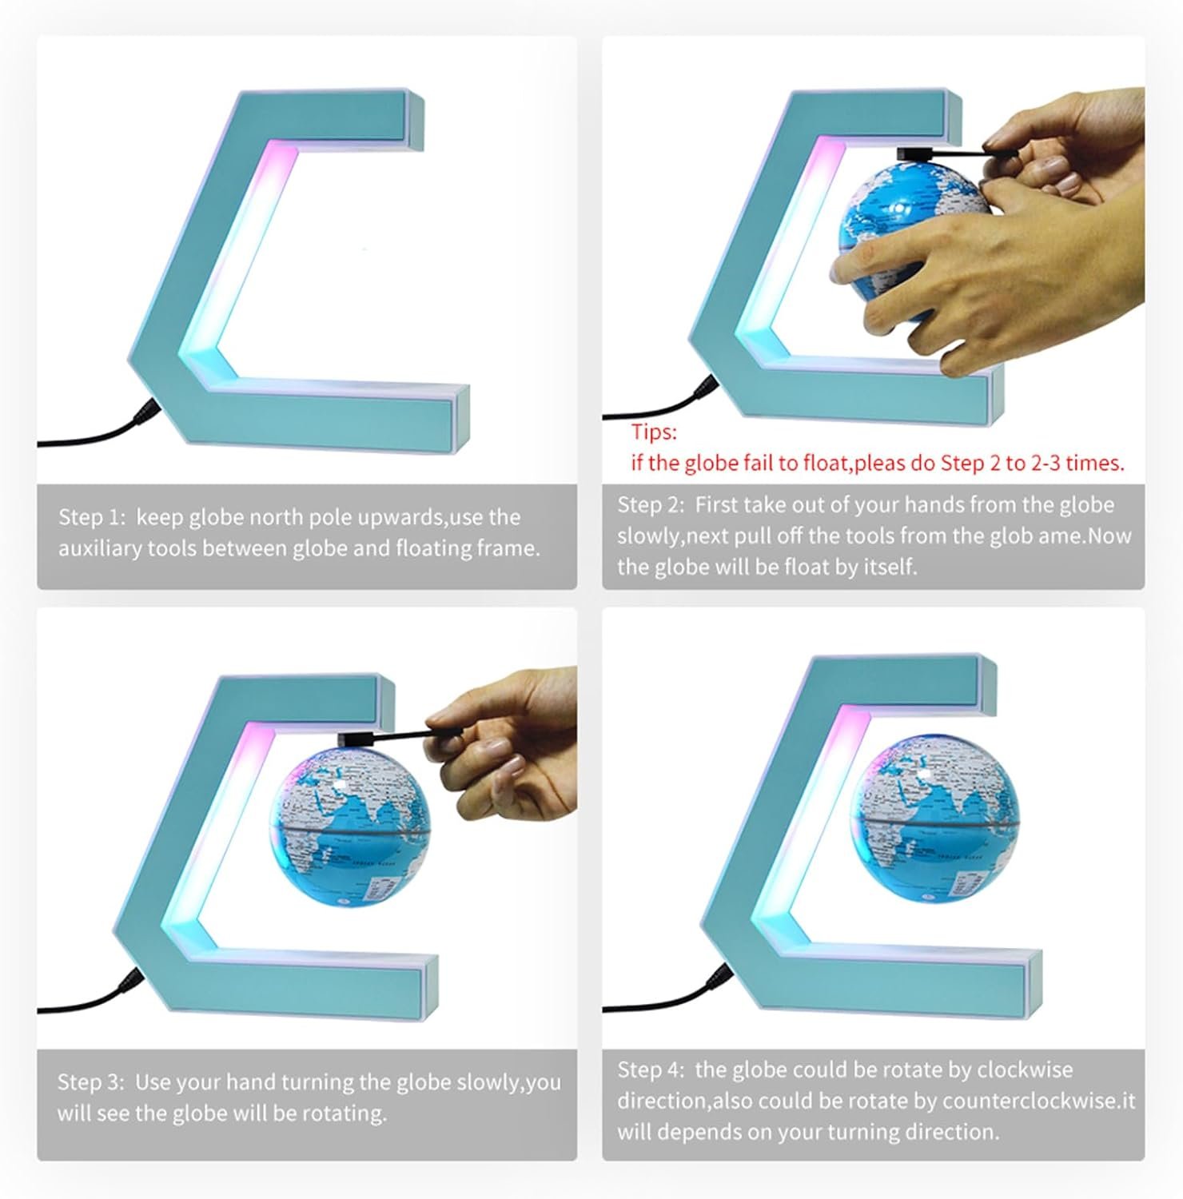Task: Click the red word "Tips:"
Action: point(654,432)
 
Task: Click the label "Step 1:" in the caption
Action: point(92,517)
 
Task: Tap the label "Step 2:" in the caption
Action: point(651,505)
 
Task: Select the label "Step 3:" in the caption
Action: point(91,1082)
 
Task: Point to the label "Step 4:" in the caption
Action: point(651,1070)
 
